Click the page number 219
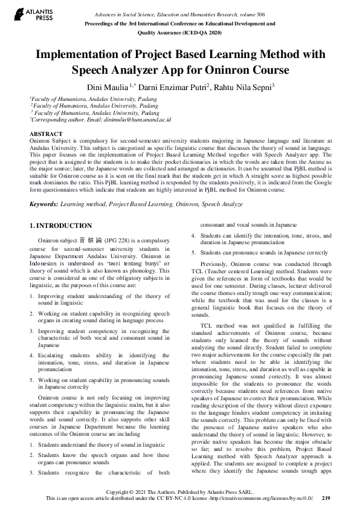point(326,498)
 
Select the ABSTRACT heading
point(45,133)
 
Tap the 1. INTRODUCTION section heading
point(61,225)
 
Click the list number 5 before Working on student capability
point(32,380)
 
